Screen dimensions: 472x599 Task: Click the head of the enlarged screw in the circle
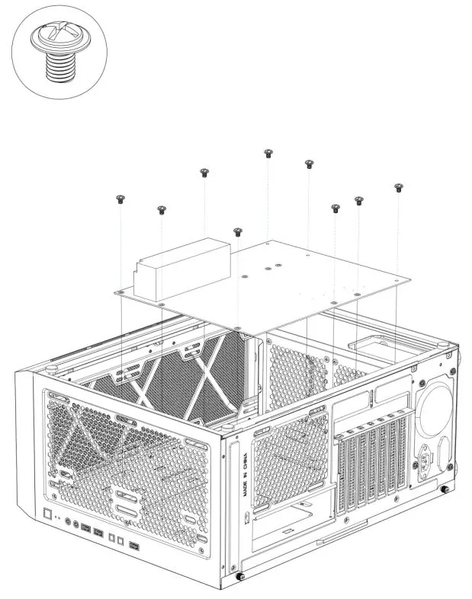[60, 37]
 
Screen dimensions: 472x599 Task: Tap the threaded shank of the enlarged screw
[60, 67]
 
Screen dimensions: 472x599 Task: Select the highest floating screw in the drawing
[268, 154]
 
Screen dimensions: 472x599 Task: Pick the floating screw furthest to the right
[399, 187]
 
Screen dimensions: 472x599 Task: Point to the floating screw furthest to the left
[120, 199]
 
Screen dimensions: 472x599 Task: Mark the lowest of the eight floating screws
[238, 232]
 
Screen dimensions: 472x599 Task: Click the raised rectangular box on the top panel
[182, 269]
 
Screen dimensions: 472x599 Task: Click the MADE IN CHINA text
[245, 475]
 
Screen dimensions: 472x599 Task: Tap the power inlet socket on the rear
[425, 460]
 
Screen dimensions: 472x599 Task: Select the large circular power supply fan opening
[434, 409]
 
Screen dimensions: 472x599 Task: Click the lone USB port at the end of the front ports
[134, 546]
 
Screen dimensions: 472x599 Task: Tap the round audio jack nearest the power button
[68, 521]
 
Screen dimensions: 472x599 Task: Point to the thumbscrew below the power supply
[445, 489]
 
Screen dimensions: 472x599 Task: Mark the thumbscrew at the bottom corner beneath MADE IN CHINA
[240, 575]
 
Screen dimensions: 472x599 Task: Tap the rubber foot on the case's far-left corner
[51, 369]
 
